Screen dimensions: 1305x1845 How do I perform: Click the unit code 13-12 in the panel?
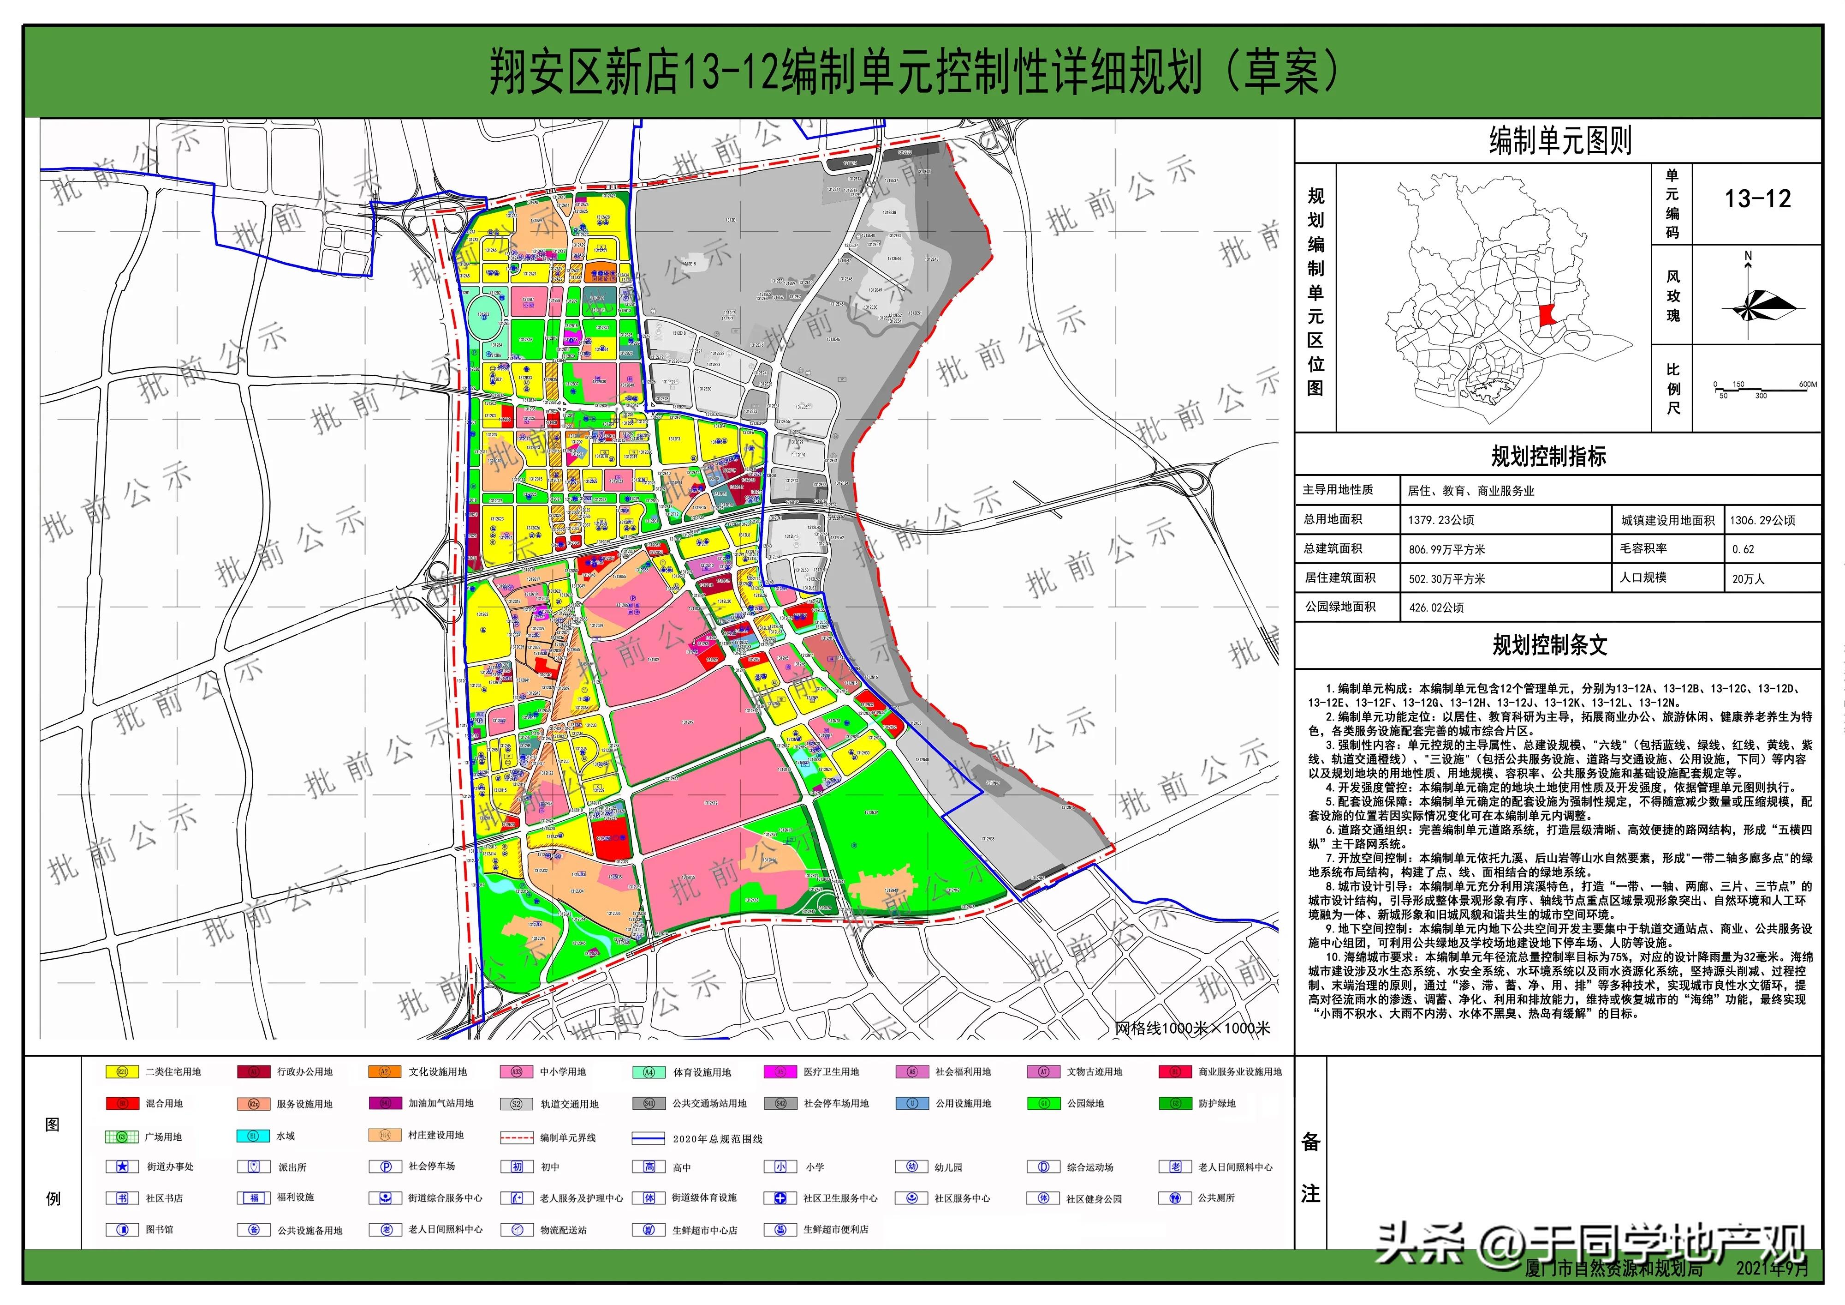(1757, 199)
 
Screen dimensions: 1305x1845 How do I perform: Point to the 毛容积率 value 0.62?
(1743, 549)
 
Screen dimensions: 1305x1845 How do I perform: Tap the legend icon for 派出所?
(253, 1167)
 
